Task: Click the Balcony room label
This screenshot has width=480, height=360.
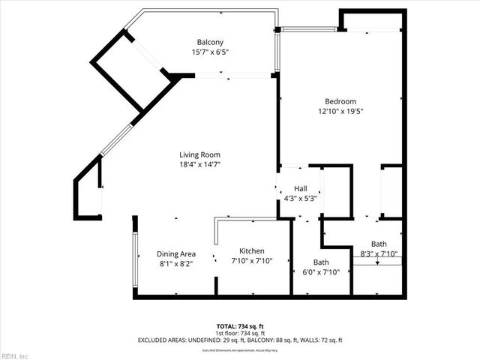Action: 210,41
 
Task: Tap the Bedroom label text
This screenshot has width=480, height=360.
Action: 340,101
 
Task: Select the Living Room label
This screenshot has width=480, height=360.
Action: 199,154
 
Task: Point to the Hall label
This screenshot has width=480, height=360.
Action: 300,189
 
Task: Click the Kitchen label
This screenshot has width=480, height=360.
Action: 251,251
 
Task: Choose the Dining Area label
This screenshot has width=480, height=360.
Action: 177,254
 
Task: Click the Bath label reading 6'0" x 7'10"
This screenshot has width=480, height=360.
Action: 321,262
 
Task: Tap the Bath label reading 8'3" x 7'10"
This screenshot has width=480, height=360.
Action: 379,244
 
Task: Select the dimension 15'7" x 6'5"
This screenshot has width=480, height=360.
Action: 210,52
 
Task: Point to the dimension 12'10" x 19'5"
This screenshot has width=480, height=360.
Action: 340,111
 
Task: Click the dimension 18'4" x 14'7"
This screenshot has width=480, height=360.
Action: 199,164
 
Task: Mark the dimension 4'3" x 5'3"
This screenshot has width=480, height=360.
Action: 300,199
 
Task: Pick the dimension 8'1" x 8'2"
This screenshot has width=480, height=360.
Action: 177,264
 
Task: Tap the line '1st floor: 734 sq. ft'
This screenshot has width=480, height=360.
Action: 240,333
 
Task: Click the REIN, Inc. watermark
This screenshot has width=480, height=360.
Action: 15,355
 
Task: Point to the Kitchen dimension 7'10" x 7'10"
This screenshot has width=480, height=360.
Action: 251,261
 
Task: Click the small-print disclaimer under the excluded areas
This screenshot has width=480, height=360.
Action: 240,349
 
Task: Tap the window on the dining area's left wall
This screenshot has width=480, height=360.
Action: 136,259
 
